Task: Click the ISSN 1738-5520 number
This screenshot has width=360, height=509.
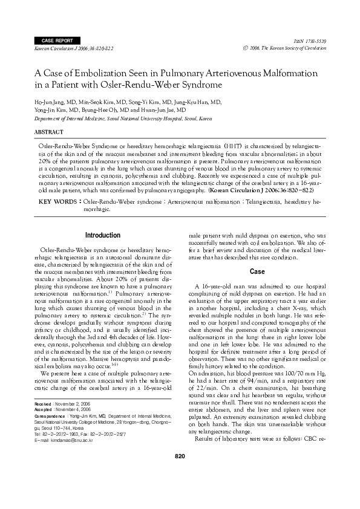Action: click(x=313, y=40)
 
